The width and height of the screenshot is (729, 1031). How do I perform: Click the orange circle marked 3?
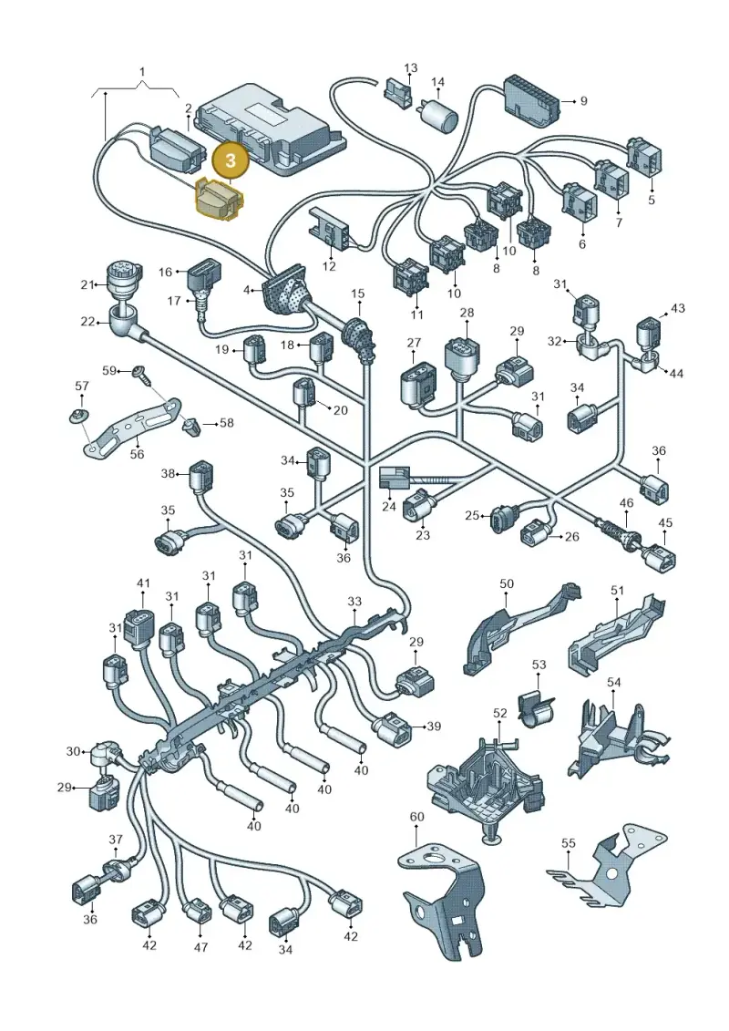point(231,161)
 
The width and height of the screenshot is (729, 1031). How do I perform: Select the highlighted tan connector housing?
point(221,200)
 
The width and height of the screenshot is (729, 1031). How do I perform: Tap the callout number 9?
point(584,101)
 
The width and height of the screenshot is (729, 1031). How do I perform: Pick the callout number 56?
point(138,454)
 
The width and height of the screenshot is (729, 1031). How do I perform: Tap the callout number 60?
point(416,817)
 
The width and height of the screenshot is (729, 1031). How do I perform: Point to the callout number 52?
point(500,713)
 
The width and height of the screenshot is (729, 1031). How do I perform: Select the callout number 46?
point(626,503)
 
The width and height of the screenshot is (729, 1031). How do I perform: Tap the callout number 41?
point(143,583)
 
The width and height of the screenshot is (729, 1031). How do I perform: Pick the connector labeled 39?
point(393,728)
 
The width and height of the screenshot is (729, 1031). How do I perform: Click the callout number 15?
point(357,294)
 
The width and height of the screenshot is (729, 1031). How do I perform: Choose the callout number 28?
point(466,312)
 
